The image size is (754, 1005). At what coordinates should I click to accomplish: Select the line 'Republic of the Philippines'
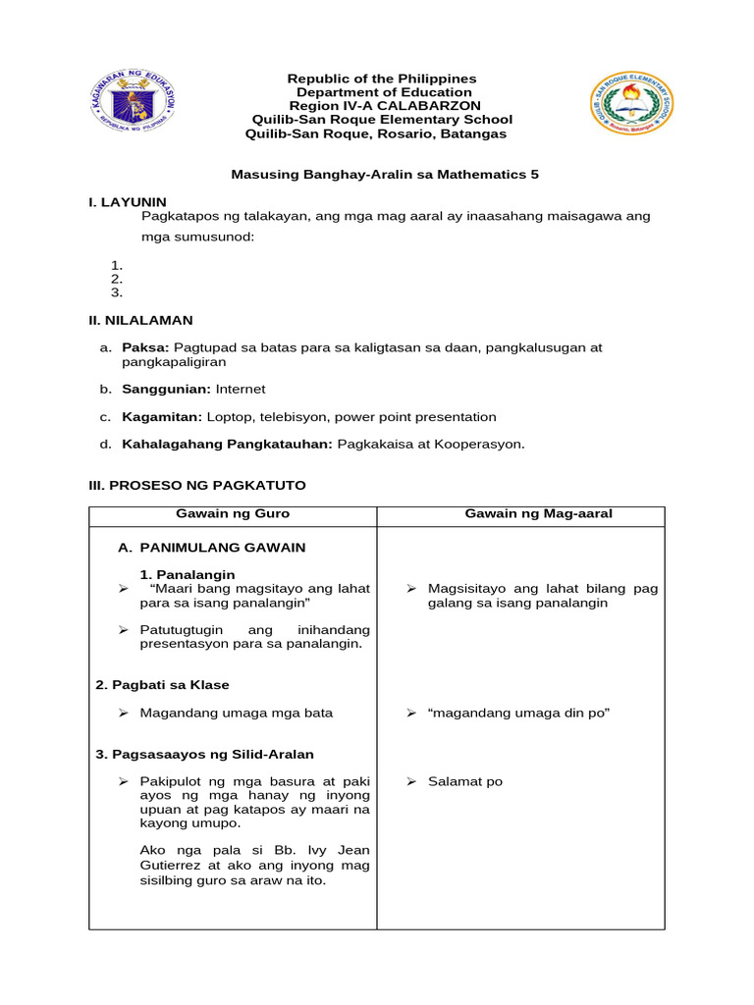pyautogui.click(x=381, y=79)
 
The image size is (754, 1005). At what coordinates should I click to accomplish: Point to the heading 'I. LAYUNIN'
pyautogui.click(x=128, y=201)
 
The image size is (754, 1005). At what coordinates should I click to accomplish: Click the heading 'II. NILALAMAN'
pyautogui.click(x=140, y=320)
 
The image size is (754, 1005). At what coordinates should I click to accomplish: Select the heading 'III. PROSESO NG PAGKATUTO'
pyautogui.click(x=197, y=486)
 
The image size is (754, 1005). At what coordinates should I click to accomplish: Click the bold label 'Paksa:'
pyautogui.click(x=145, y=347)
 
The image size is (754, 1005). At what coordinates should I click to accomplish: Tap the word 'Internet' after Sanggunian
pyautogui.click(x=241, y=389)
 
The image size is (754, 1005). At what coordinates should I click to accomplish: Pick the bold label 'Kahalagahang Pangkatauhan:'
pyautogui.click(x=228, y=444)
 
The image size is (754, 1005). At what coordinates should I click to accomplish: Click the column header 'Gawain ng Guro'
pyautogui.click(x=233, y=514)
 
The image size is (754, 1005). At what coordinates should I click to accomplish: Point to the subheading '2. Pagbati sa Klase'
pyautogui.click(x=163, y=684)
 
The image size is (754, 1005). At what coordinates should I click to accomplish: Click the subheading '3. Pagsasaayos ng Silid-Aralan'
pyautogui.click(x=204, y=754)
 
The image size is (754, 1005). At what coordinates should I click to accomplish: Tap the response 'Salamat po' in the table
pyautogui.click(x=465, y=781)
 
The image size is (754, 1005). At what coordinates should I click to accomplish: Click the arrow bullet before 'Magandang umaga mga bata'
pyautogui.click(x=124, y=713)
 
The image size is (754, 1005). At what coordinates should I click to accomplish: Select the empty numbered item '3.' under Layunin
pyautogui.click(x=116, y=292)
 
